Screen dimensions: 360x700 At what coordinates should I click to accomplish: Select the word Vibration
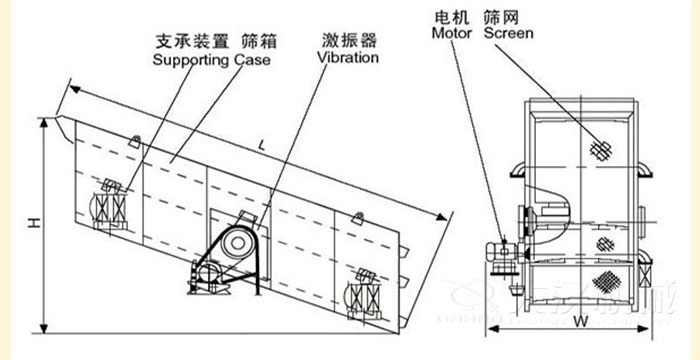coord(348,58)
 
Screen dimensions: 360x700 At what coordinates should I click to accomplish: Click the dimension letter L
coord(261,146)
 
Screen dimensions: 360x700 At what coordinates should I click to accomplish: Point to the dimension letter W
coord(580,321)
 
